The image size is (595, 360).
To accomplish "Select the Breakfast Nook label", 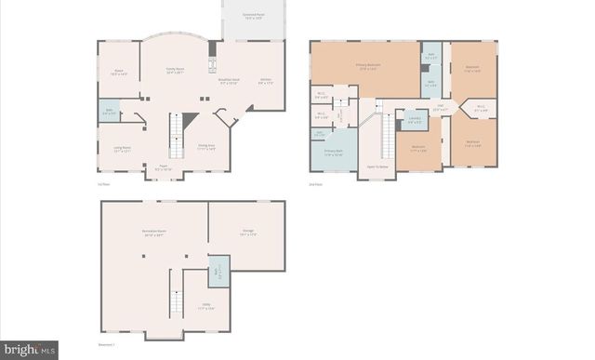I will tap(229, 81).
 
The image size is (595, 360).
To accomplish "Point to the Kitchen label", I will tap(265, 81).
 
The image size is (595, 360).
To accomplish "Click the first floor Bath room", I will tap(110, 113).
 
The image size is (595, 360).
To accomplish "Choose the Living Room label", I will tap(122, 150).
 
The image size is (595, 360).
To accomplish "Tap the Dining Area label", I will tap(206, 147).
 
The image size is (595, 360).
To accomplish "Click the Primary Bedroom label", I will tap(367, 66).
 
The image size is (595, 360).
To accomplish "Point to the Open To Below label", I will tap(377, 166).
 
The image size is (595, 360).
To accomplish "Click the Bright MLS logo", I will tap(29, 351).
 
